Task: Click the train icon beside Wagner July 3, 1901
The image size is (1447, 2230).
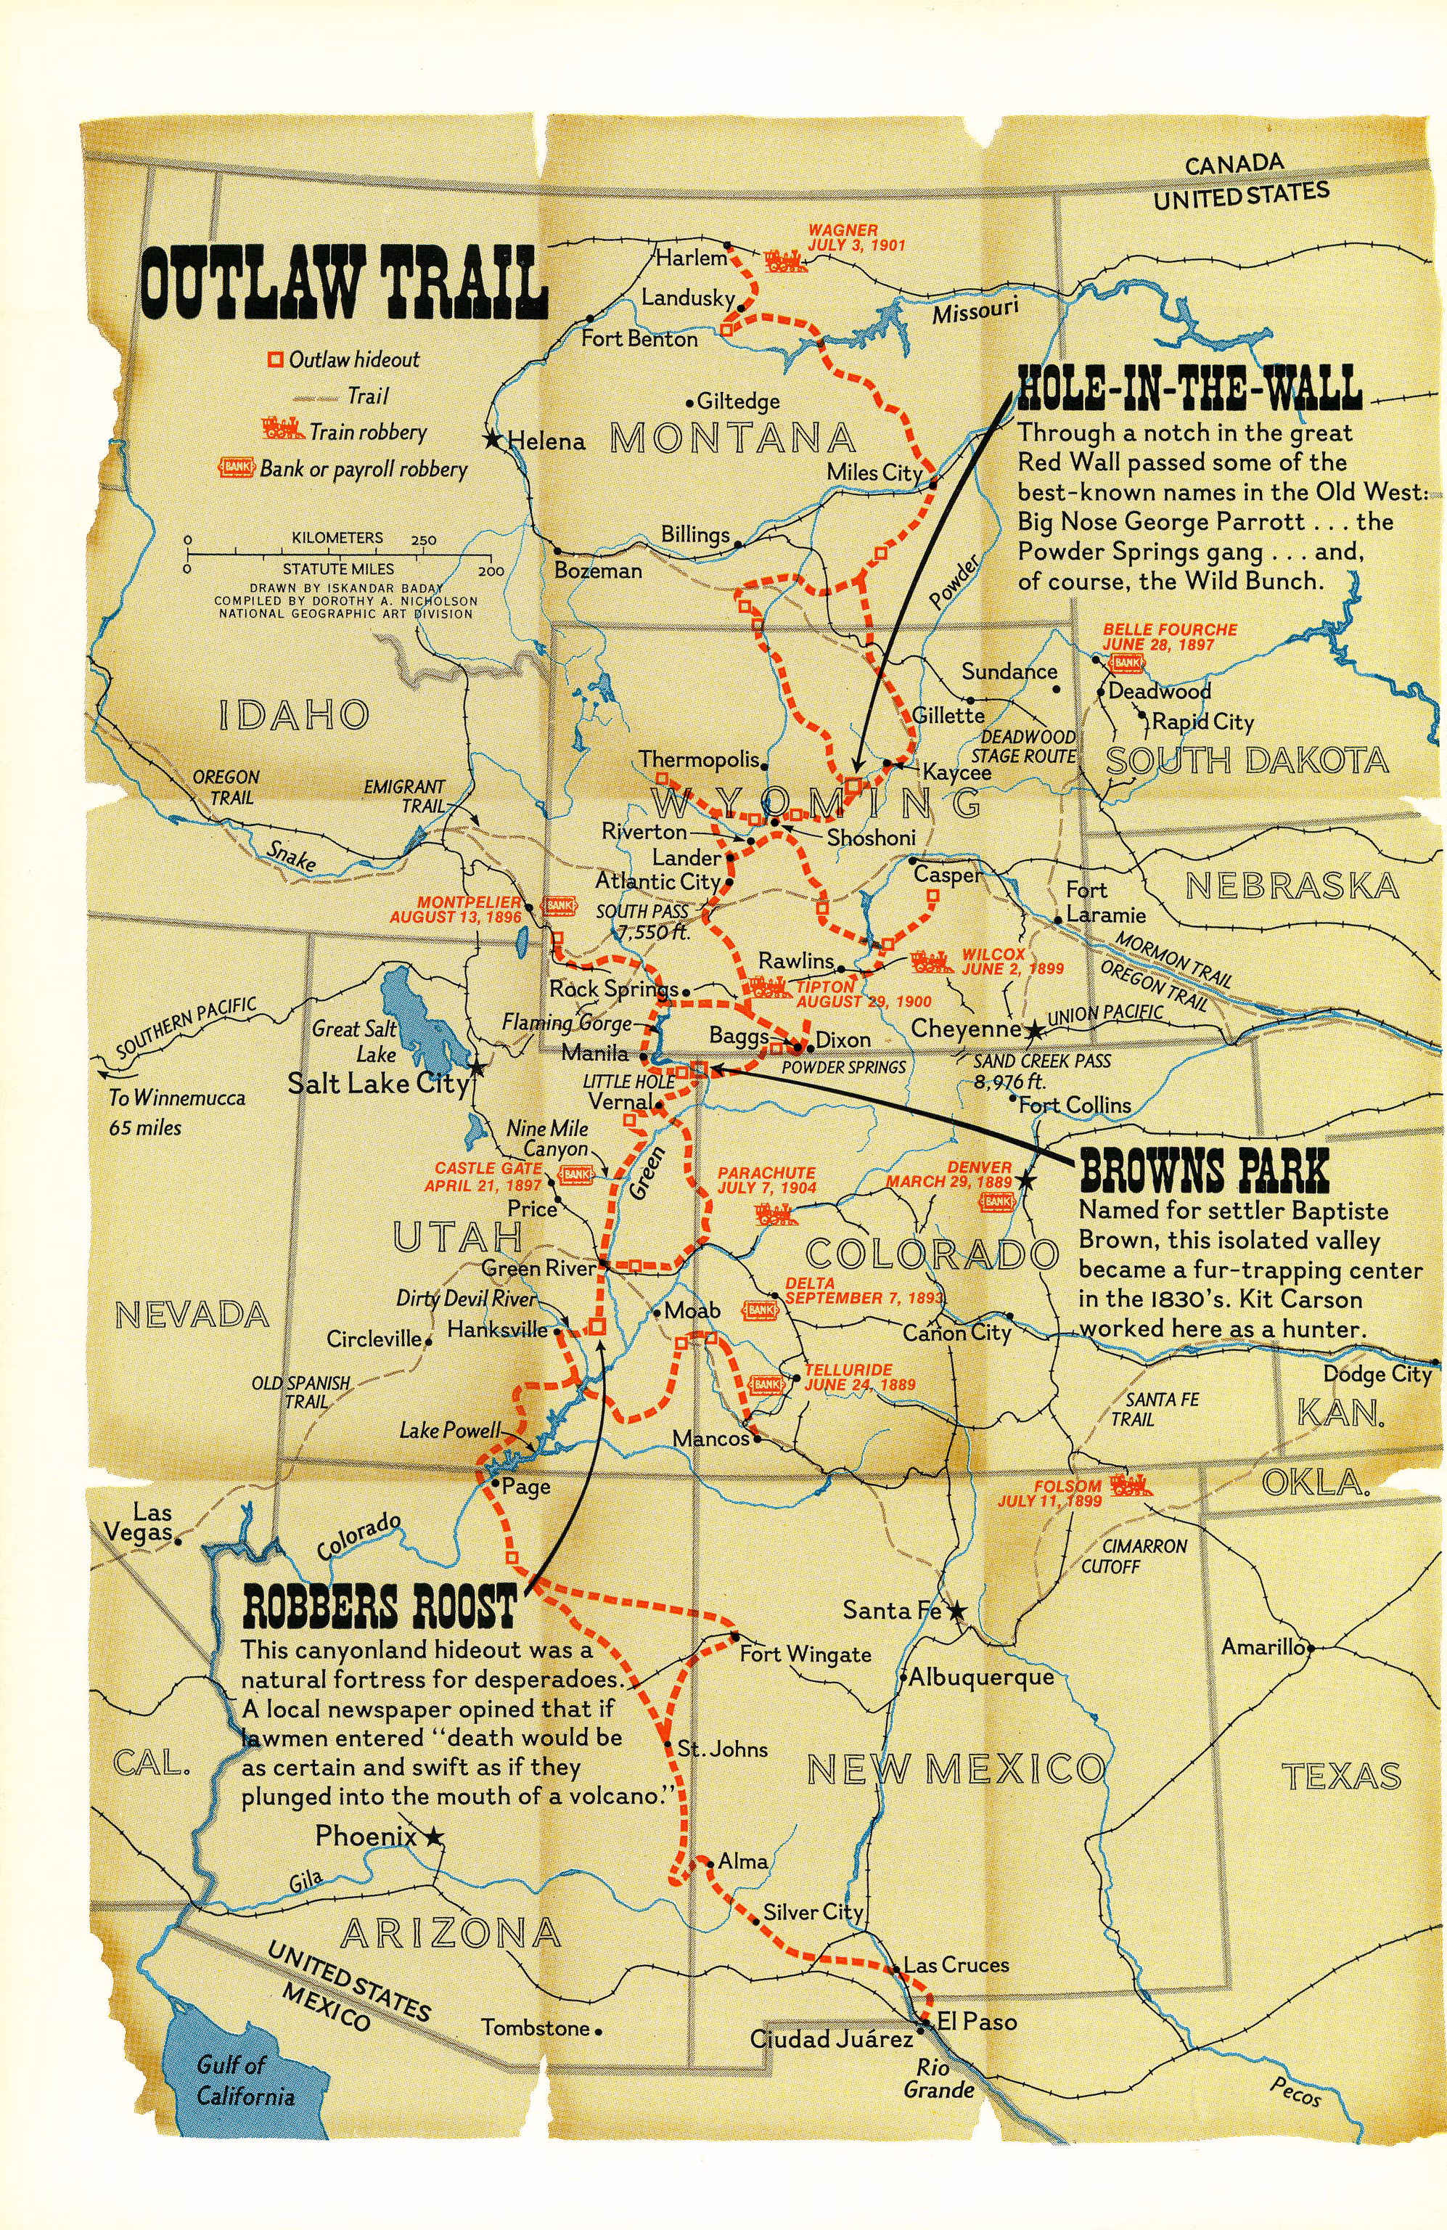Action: (786, 261)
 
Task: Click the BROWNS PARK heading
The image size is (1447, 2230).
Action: (1205, 1169)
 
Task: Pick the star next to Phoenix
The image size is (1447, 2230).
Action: (433, 1837)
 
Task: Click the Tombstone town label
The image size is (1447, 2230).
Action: (536, 2027)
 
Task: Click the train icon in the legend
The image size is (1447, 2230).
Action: (284, 429)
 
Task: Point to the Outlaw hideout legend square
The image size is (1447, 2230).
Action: (275, 360)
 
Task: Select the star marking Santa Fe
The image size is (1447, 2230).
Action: (956, 1611)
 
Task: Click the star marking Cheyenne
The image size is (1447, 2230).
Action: (1034, 1031)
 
